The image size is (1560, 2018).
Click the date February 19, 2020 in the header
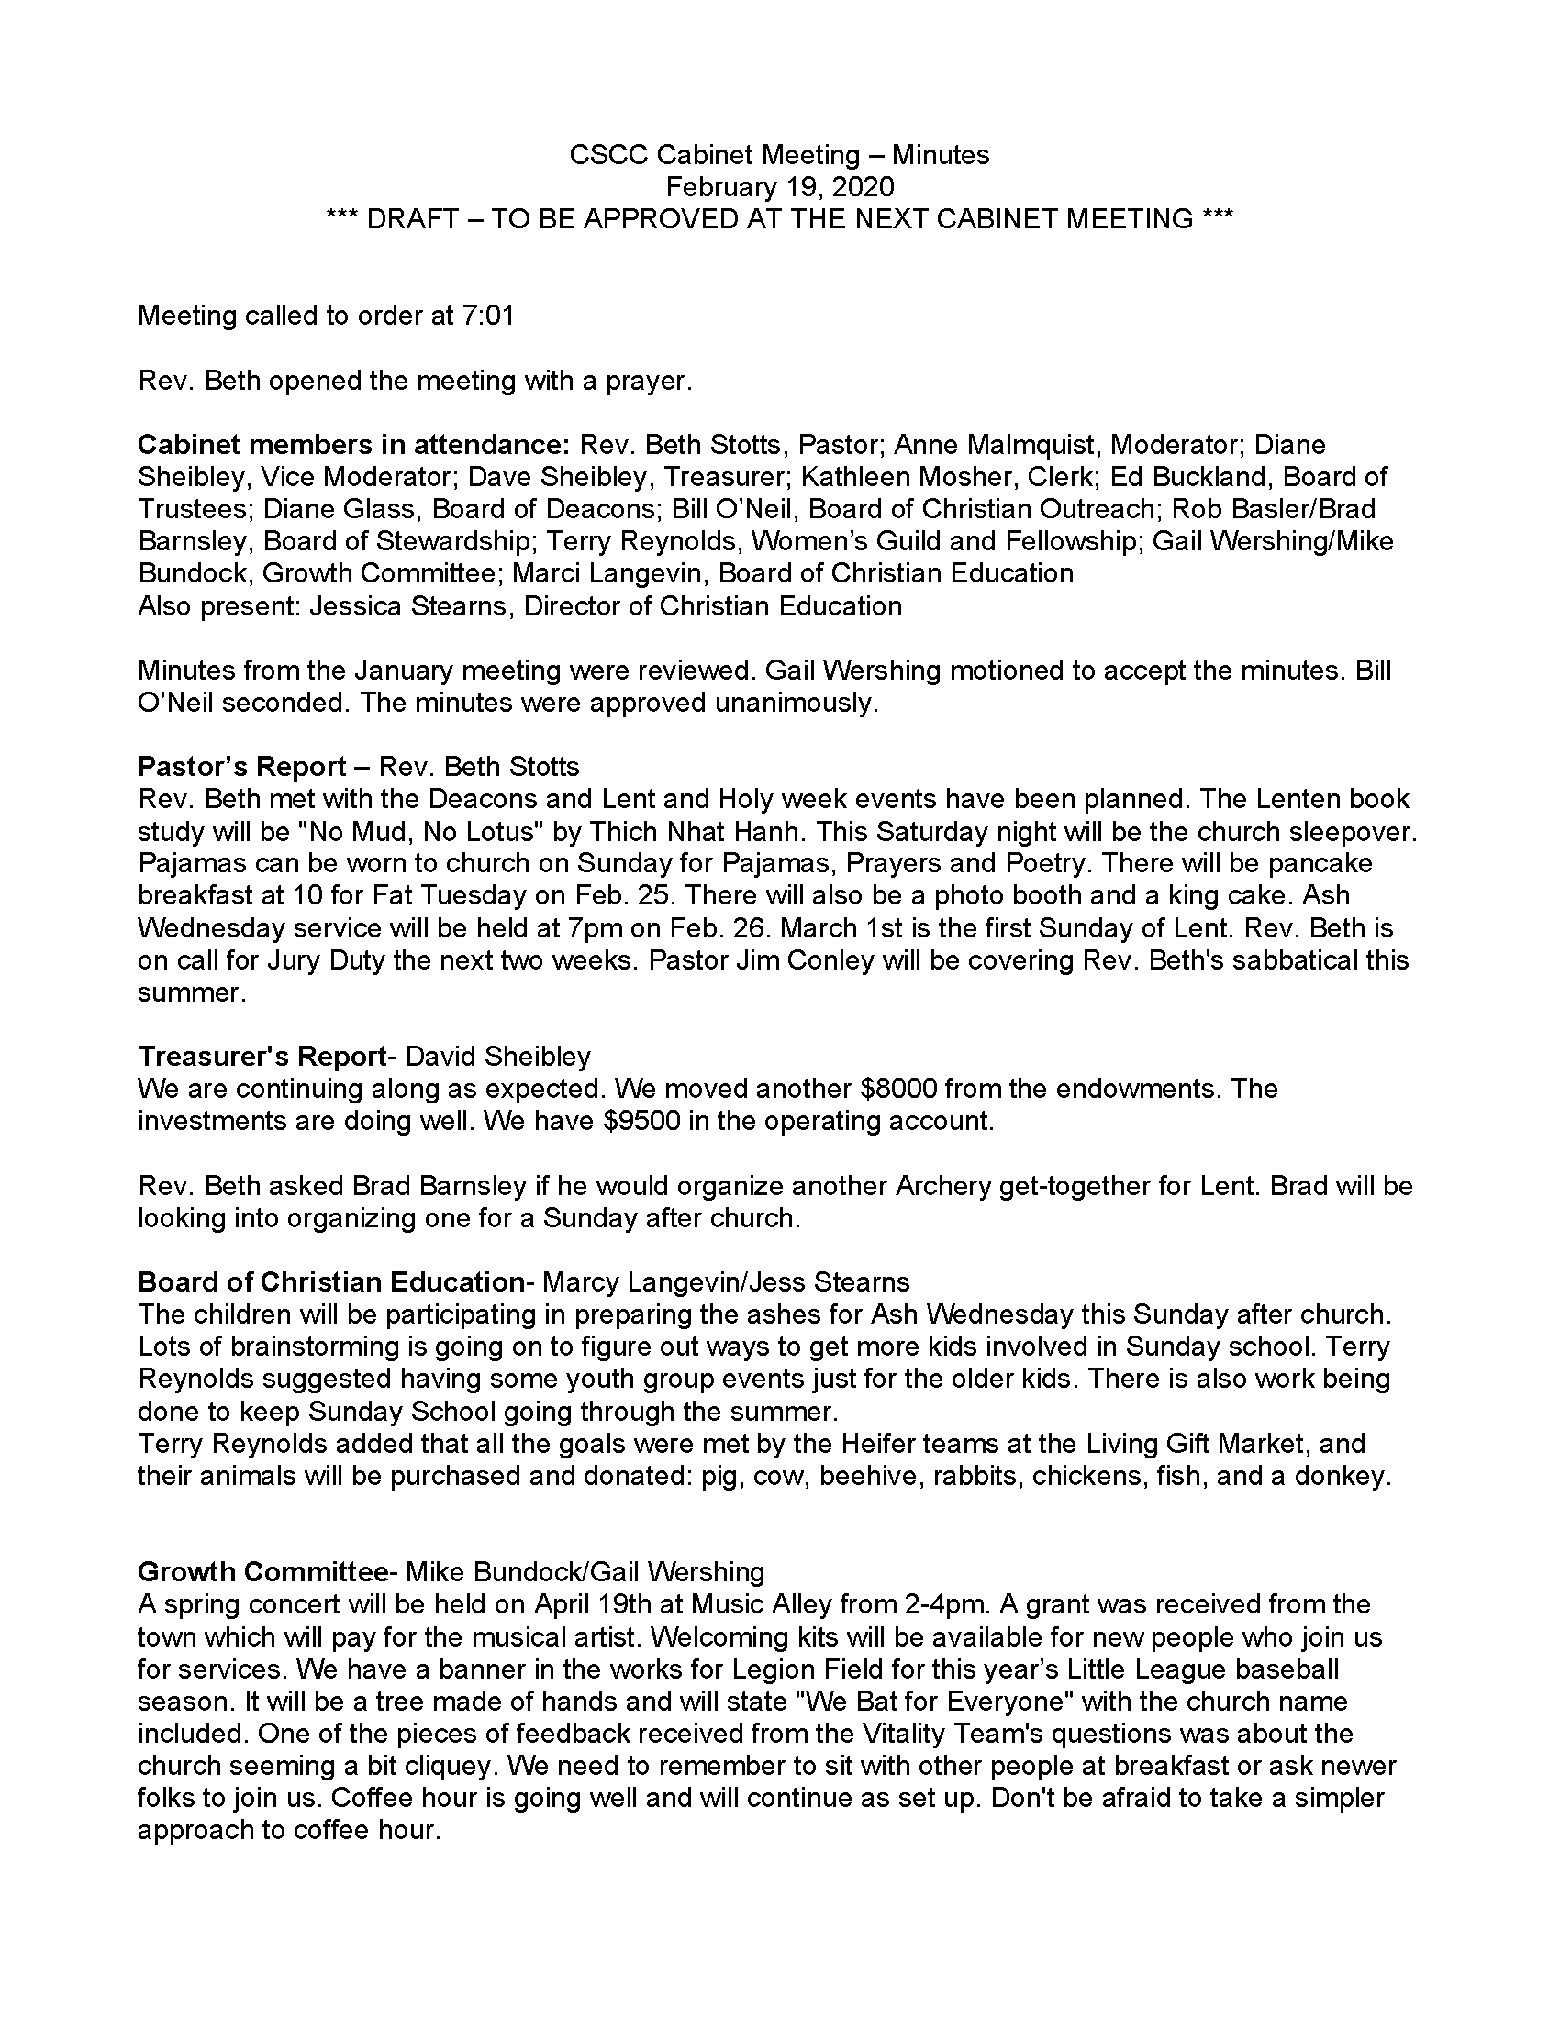tap(780, 186)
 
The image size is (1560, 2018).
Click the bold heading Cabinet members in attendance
tap(354, 445)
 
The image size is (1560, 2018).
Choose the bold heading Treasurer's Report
tap(262, 1056)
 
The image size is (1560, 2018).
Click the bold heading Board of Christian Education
tap(332, 1282)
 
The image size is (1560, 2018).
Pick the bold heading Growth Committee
tap(262, 1571)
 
